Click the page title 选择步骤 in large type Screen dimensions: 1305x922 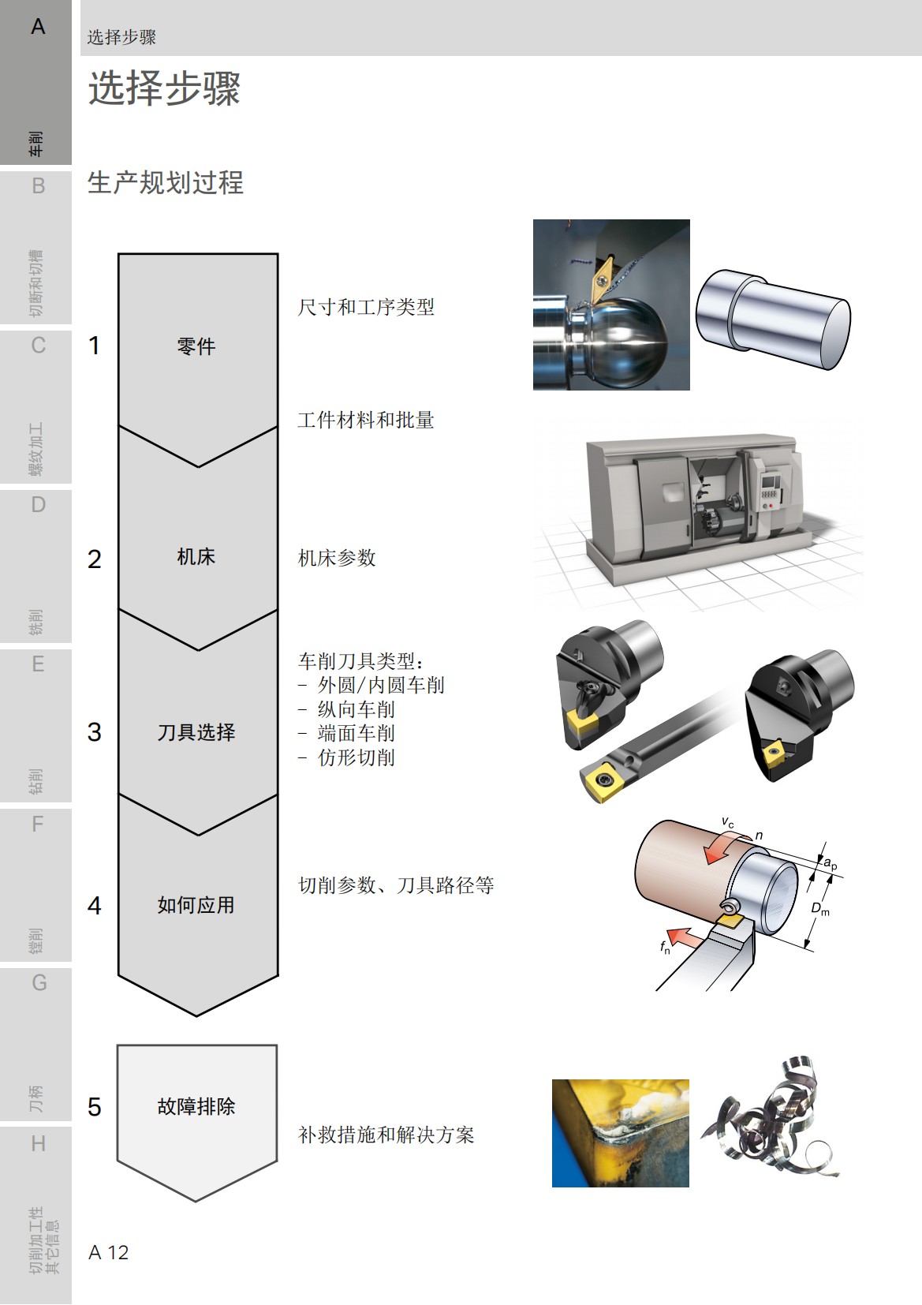pos(164,88)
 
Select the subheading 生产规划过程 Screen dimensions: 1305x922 pos(165,183)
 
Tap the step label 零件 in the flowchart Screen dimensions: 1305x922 pos(196,346)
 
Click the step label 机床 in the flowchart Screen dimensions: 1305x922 pos(196,557)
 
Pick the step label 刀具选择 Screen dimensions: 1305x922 pos(196,732)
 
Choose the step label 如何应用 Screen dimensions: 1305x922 pos(196,905)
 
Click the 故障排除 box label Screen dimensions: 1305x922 pos(196,1106)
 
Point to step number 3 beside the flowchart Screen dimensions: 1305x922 pos(95,732)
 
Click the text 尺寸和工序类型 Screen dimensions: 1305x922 pos(366,308)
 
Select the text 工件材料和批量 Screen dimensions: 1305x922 pos(366,421)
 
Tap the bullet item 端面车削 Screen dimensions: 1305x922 pos(356,734)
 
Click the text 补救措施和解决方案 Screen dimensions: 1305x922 pos(386,1135)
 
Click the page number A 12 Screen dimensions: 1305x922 pos(109,1252)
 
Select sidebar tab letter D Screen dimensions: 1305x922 pos(38,505)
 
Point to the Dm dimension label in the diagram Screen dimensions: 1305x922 pos(820,909)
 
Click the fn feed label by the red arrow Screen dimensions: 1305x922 pos(665,946)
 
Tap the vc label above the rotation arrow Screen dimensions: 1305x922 pos(727,823)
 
